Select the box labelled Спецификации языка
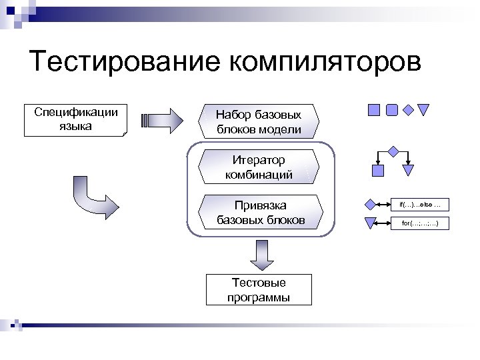75,120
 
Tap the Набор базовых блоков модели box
259,122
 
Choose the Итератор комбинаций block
259,167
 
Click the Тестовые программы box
259,289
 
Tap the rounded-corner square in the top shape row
392,110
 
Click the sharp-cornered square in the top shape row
375,110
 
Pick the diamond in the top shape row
409,110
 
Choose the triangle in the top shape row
423,110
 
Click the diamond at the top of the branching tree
393,151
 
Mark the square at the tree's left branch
378,171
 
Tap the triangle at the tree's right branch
409,170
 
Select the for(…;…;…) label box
420,223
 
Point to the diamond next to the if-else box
371,204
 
